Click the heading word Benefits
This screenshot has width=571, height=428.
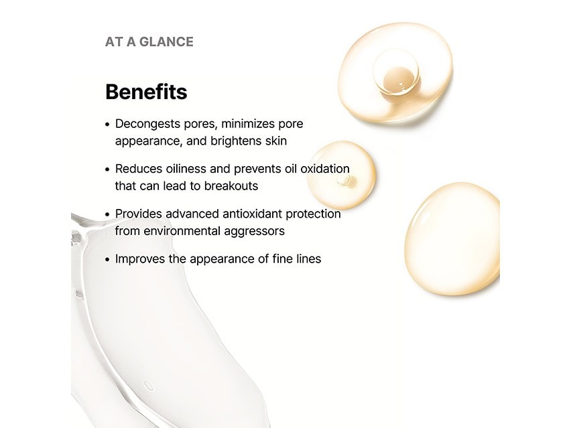coord(146,92)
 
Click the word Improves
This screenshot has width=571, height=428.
coord(141,259)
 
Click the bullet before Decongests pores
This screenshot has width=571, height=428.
coord(108,125)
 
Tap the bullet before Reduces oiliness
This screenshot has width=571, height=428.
coord(108,169)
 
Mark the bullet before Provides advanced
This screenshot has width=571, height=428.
coord(108,214)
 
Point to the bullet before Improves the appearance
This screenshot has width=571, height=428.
coord(108,259)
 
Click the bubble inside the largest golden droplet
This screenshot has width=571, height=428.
coord(395,72)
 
